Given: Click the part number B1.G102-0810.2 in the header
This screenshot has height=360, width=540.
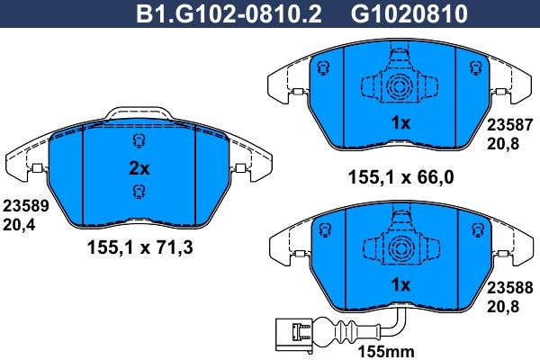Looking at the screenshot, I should [x=229, y=14].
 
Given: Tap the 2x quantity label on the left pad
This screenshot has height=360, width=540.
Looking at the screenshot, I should [x=139, y=166].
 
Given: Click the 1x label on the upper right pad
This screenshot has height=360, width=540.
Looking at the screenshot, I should [x=400, y=122].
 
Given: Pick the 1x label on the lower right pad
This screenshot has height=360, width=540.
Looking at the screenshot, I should [x=400, y=284].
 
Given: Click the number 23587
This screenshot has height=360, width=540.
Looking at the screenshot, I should [x=510, y=128].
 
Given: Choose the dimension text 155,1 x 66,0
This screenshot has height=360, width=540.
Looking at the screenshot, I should [x=400, y=177].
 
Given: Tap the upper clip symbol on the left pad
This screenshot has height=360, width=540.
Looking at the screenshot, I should [x=138, y=141].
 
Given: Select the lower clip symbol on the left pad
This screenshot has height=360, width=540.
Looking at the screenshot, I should [x=138, y=190].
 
